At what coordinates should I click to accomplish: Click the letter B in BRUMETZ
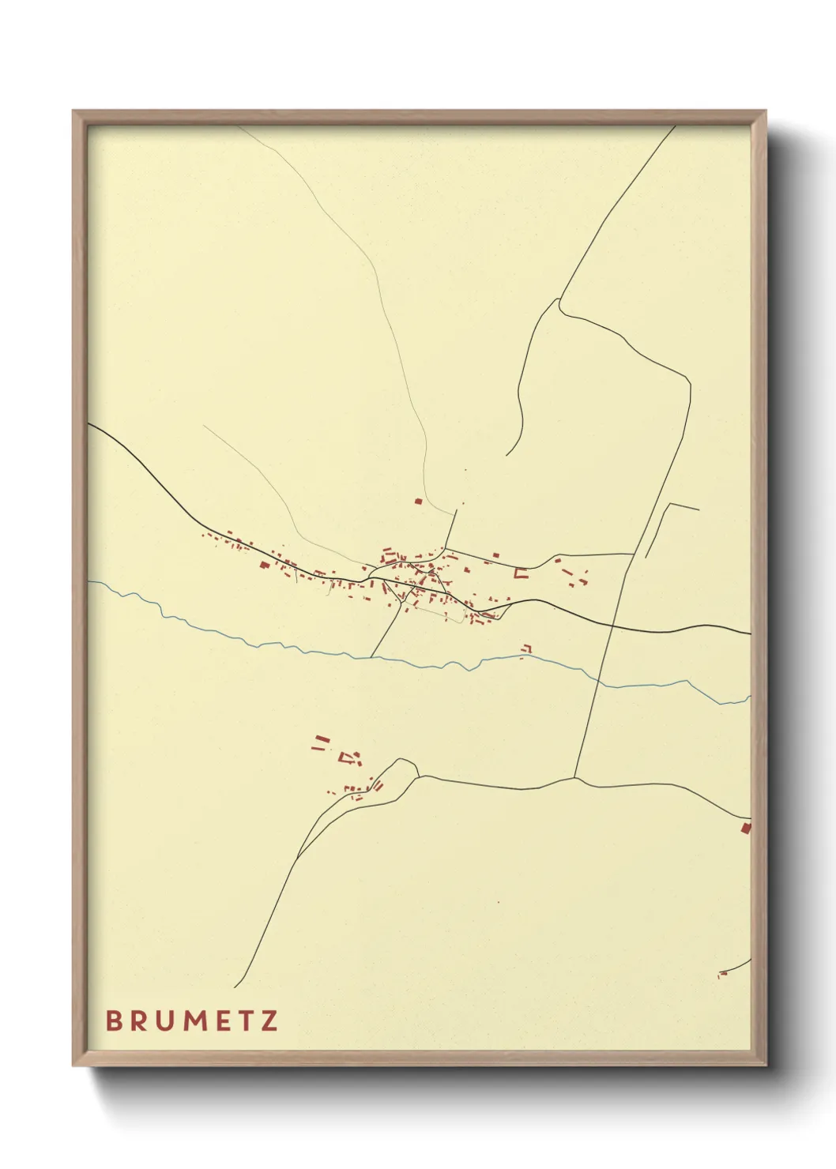pos(113,1021)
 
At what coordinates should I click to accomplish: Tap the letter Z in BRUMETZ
pos(269,1021)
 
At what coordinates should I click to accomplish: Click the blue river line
pos(237,641)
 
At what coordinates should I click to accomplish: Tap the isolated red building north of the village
pos(419,501)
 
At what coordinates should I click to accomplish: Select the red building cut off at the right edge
pos(745,828)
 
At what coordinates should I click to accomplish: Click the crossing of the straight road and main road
pos(613,625)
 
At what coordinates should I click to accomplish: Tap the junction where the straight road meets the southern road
pos(575,778)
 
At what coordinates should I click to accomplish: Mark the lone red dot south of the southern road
pos(498,903)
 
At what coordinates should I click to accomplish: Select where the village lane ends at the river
pos(371,656)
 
